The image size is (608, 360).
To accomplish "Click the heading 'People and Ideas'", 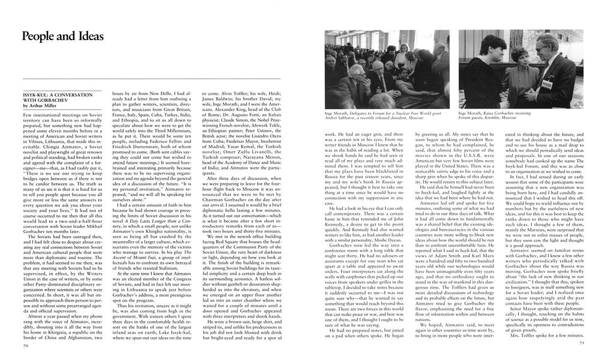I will coord(62,36).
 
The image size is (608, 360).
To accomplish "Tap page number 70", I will coord(26,346).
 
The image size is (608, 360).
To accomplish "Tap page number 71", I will coord(581,343).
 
